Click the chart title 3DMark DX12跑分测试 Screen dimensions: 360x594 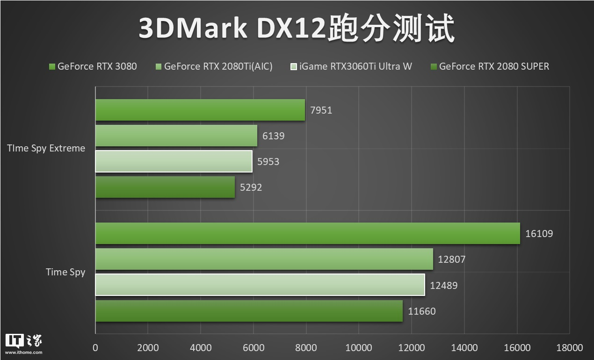pos(297,29)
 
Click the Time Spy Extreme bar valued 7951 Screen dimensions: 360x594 pos(200,110)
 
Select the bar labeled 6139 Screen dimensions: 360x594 pos(176,136)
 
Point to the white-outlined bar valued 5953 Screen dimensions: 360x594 pos(174,161)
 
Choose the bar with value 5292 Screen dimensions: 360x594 pos(165,187)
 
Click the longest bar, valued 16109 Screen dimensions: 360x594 pos(308,233)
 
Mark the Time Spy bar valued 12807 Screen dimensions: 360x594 pos(264,259)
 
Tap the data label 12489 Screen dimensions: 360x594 pos(443,285)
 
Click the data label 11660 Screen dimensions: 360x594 pos(421,311)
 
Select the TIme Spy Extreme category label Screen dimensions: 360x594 pos(46,148)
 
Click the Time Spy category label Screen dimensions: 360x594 pos(65,272)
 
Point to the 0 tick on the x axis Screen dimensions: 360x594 pos(95,348)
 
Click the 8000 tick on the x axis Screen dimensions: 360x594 pos(306,348)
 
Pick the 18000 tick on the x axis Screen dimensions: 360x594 pos(569,348)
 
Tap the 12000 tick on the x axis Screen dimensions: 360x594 pos(411,348)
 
